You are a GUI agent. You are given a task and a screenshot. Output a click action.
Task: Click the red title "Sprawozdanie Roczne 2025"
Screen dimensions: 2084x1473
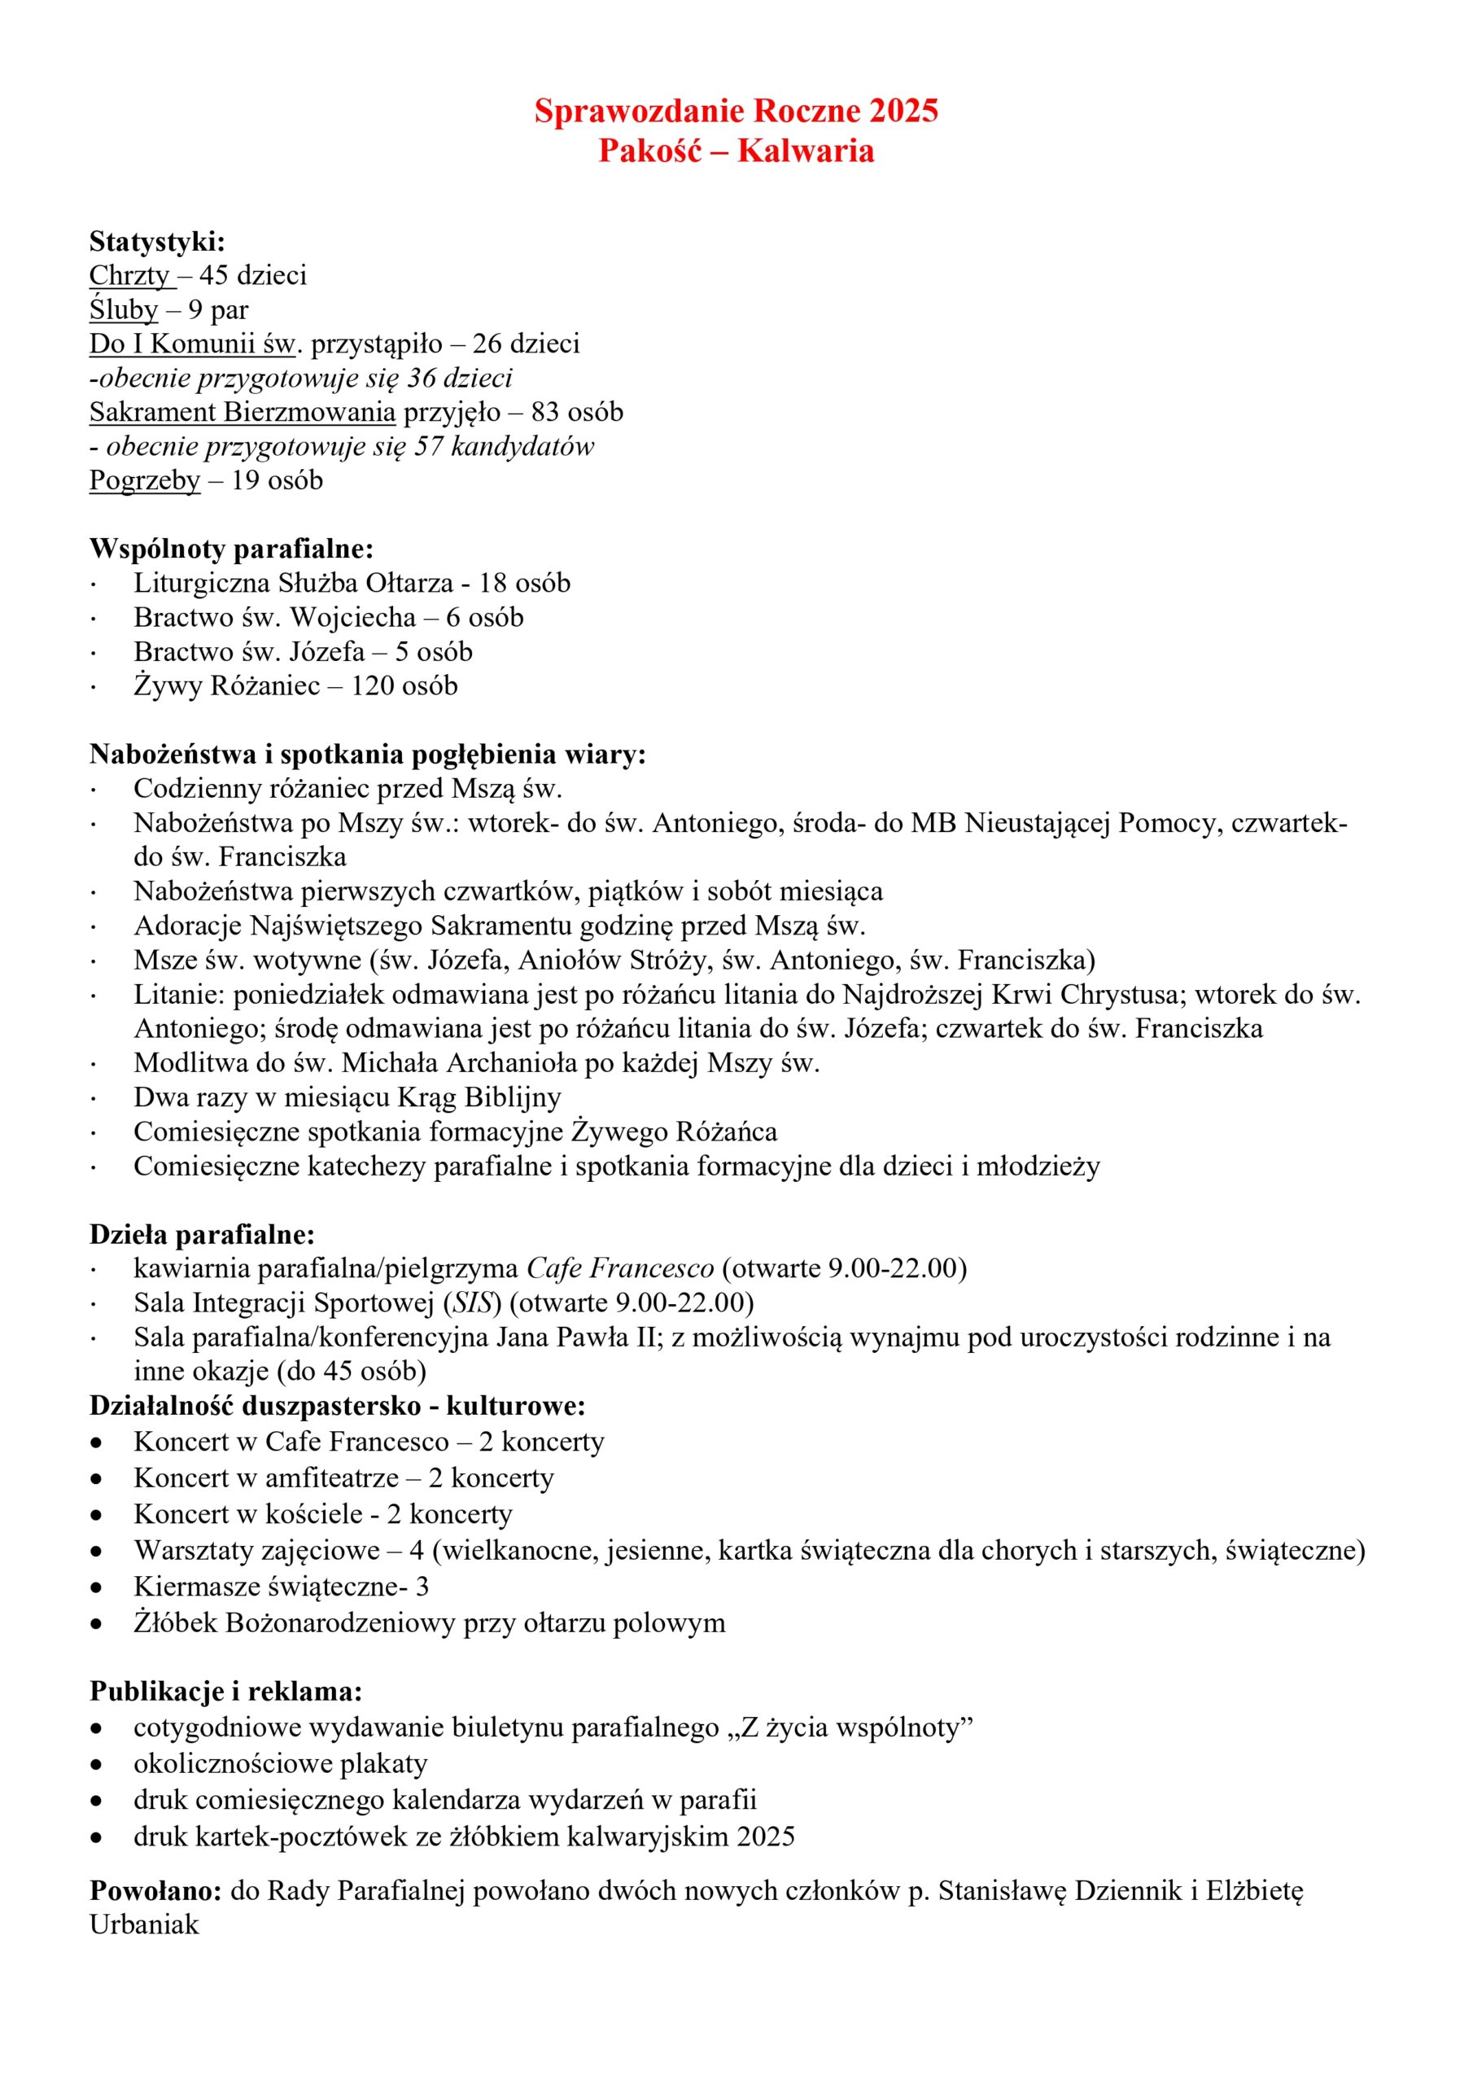pyautogui.click(x=736, y=111)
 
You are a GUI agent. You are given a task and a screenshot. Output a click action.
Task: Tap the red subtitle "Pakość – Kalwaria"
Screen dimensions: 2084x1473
pyautogui.click(x=736, y=151)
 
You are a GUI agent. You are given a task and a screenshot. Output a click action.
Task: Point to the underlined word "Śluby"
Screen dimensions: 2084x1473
pyautogui.click(x=124, y=309)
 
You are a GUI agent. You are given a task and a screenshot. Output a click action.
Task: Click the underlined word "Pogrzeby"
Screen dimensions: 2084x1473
pyautogui.click(x=144, y=480)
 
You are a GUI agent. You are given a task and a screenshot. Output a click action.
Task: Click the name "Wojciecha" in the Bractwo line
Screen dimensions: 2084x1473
pyautogui.click(x=353, y=617)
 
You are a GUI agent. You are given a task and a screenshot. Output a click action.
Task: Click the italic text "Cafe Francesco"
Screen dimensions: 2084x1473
pyautogui.click(x=620, y=1268)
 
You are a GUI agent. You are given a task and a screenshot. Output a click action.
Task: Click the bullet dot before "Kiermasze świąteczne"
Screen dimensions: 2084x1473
pyautogui.click(x=97, y=1587)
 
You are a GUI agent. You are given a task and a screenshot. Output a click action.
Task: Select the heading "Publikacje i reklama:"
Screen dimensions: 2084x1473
pyautogui.click(x=226, y=1692)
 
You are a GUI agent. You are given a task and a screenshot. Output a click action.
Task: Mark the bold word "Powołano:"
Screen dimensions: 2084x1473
pyautogui.click(x=155, y=1891)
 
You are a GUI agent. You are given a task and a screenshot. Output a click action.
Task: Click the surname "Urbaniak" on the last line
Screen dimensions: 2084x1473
pyautogui.click(x=144, y=1924)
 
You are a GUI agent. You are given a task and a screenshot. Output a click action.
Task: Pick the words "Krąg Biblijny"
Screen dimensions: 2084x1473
pyautogui.click(x=479, y=1097)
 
